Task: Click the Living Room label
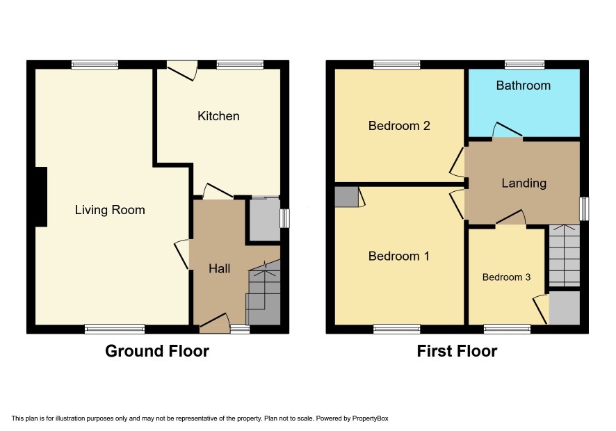click(110, 210)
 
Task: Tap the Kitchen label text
click(218, 116)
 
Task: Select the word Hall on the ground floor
click(219, 268)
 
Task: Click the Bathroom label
click(524, 86)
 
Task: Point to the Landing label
click(524, 183)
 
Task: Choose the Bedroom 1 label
click(399, 256)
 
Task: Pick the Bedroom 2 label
click(399, 126)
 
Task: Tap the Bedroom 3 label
click(506, 277)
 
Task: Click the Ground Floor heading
click(157, 351)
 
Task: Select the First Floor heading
click(457, 351)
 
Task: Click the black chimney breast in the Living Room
click(41, 197)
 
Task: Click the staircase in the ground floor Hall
click(264, 292)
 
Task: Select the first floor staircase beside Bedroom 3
click(564, 255)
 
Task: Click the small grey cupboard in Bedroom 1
click(347, 197)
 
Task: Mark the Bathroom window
click(524, 65)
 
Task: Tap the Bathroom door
click(508, 131)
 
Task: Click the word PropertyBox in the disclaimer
click(370, 418)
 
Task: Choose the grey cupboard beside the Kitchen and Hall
click(265, 218)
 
